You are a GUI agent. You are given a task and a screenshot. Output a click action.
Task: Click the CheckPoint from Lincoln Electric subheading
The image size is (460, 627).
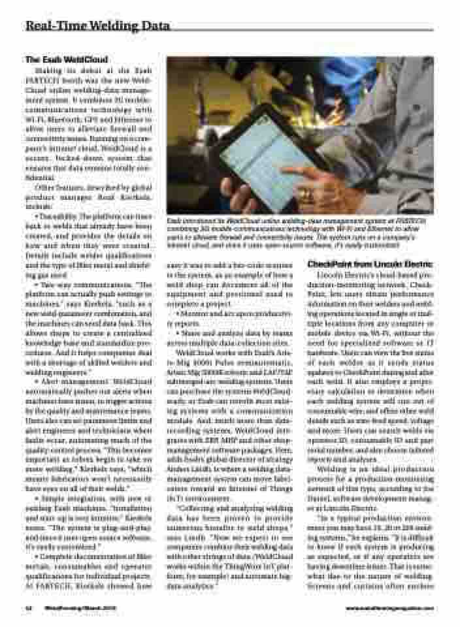coord(370,263)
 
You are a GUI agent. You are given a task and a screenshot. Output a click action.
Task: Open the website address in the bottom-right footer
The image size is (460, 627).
coord(389,608)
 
